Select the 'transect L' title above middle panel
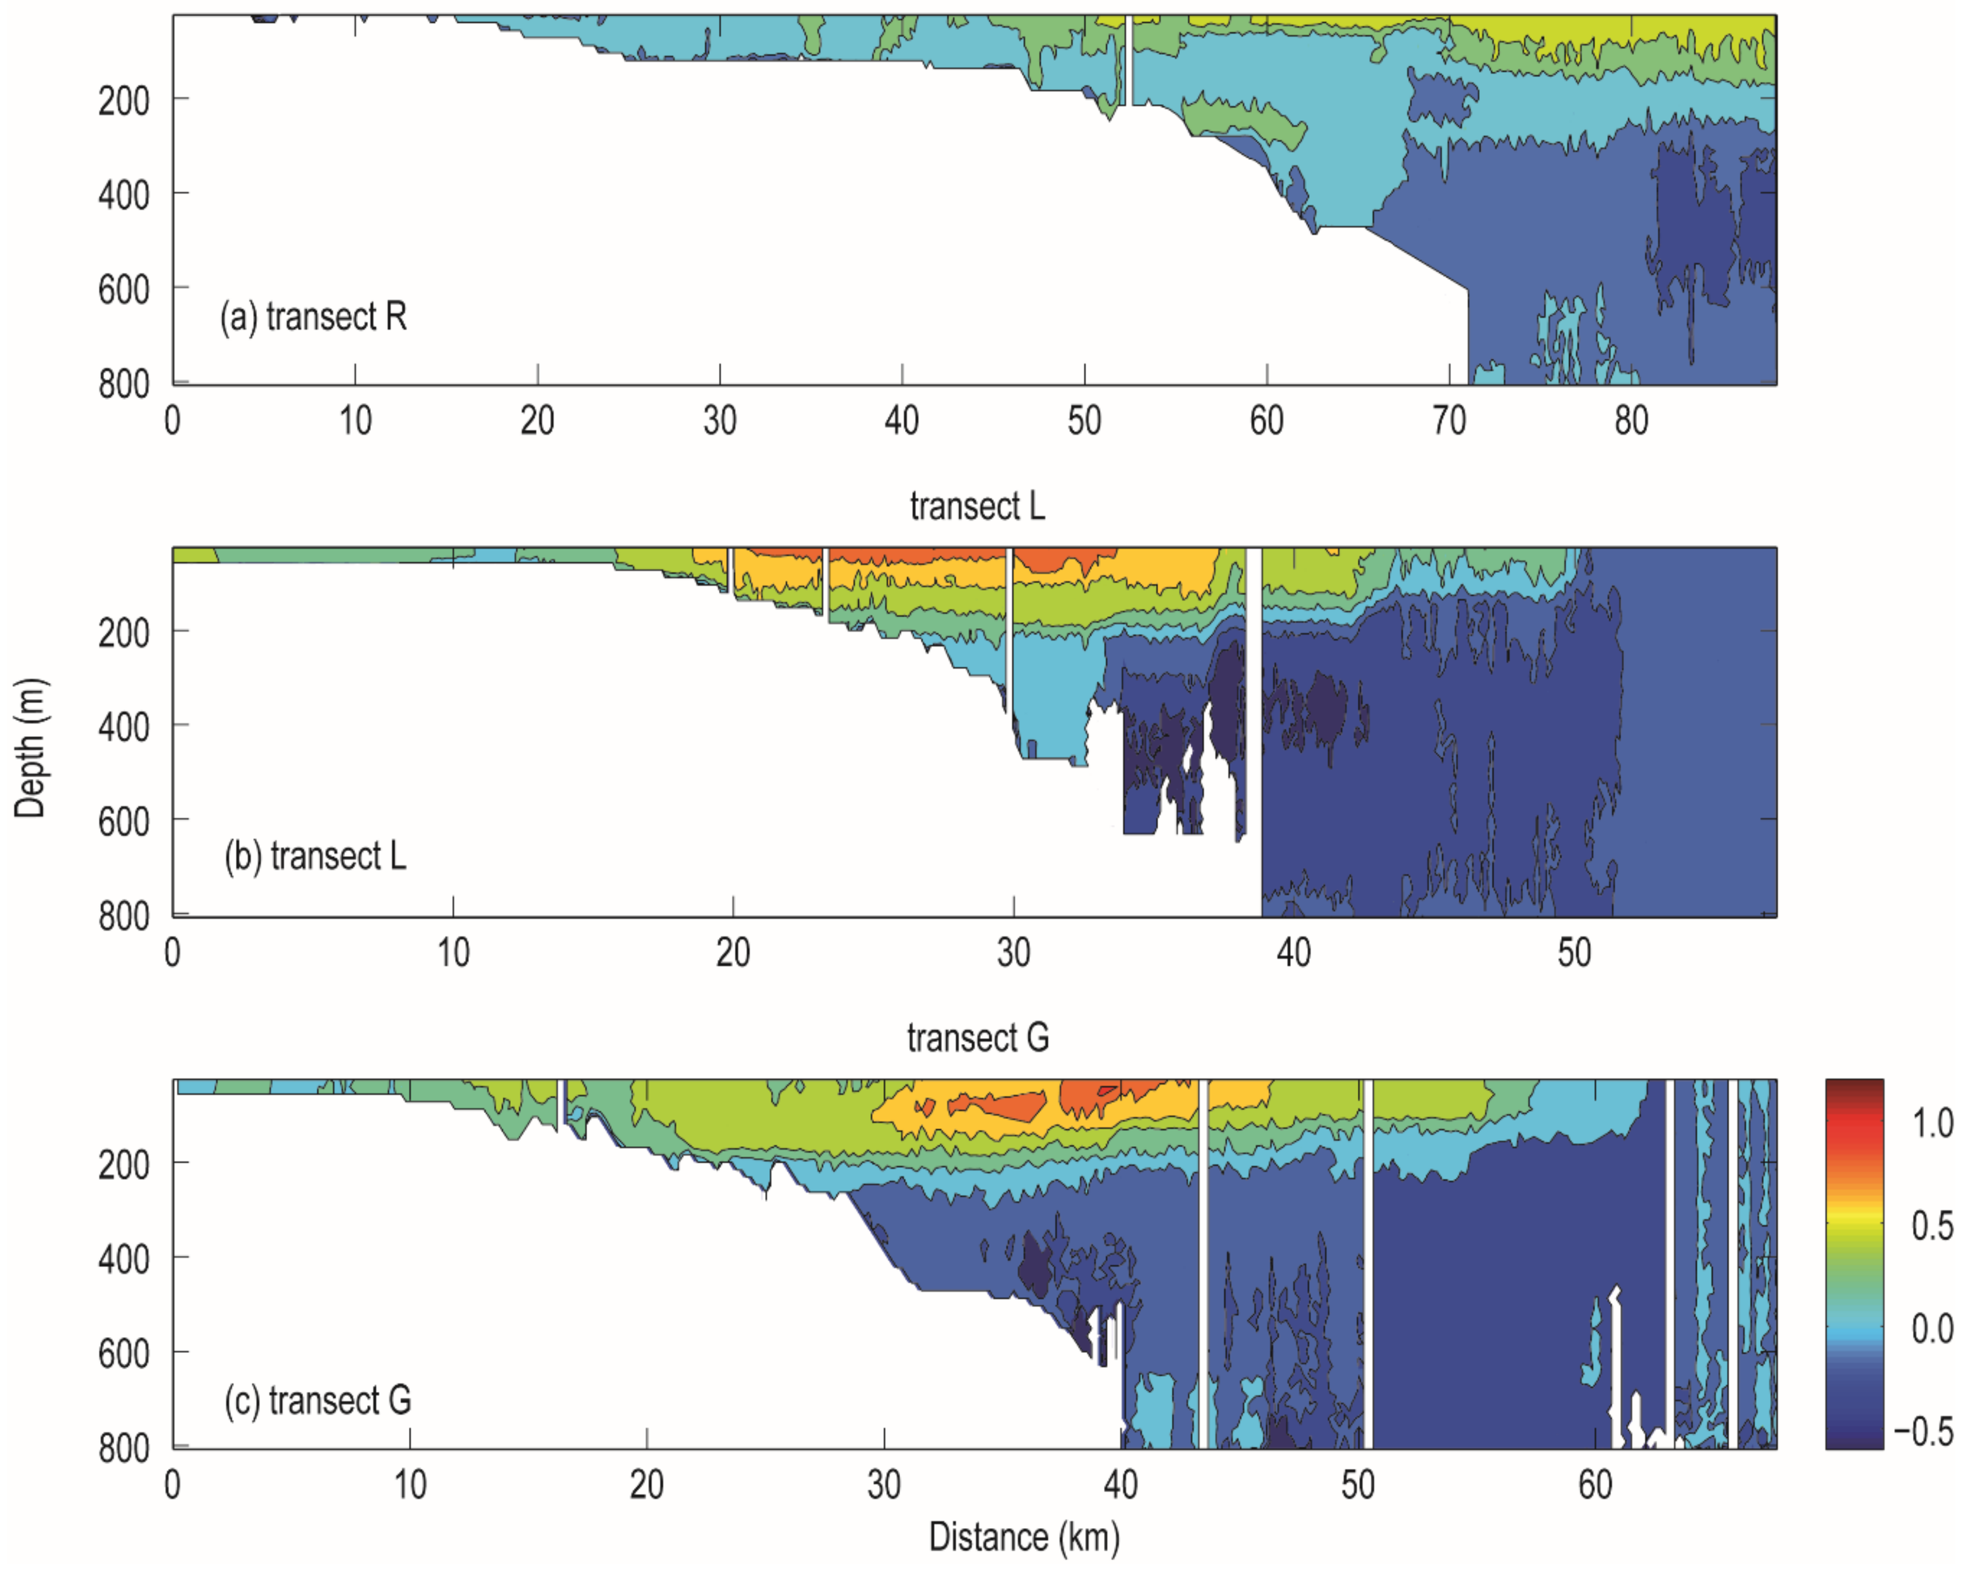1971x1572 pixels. coord(977,506)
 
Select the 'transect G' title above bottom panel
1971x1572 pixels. coord(977,1038)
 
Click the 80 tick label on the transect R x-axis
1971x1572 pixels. coord(1631,420)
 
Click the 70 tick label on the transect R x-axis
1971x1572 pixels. coord(1449,420)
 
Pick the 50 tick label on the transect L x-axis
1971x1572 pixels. coord(1574,953)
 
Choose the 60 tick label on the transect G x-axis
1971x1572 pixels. coord(1595,1484)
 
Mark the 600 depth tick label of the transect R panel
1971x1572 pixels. coord(124,289)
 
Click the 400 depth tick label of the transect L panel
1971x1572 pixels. coord(124,727)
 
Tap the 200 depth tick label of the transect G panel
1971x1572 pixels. coord(124,1164)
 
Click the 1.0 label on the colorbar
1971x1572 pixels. coord(1932,1123)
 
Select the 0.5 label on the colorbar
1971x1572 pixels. coord(1932,1225)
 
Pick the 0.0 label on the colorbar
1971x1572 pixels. coord(1932,1328)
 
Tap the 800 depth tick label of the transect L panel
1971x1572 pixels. coord(124,916)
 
